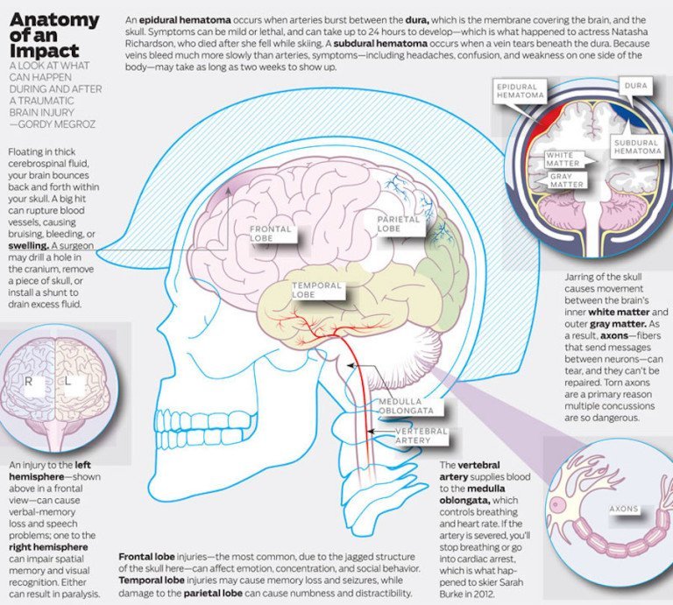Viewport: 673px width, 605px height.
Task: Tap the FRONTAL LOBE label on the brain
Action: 272,234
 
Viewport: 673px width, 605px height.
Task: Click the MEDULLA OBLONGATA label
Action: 405,406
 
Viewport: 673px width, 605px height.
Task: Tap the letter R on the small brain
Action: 27,382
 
